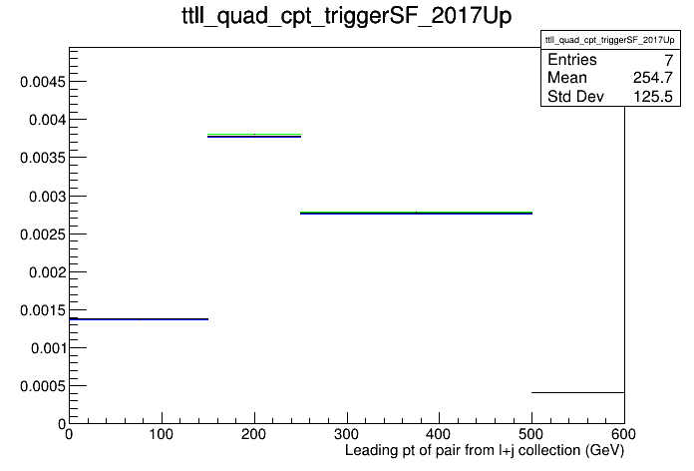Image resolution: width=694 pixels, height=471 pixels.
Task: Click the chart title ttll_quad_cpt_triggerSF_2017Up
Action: coord(347,16)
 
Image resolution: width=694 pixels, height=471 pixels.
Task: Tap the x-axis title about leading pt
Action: coord(485,450)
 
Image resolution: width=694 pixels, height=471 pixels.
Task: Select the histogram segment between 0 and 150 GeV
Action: coord(139,319)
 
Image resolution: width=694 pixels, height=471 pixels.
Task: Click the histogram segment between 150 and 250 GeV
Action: coord(254,135)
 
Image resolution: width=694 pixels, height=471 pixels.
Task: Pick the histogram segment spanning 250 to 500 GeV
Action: coord(416,214)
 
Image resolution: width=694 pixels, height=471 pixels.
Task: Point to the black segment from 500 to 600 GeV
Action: coord(578,392)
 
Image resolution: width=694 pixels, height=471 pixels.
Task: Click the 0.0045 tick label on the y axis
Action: coord(43,82)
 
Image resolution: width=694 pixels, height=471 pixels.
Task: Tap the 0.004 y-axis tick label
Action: coord(47,120)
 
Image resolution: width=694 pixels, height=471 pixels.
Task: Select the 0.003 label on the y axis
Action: coord(47,197)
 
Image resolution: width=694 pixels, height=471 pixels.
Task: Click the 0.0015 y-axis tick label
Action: coord(43,310)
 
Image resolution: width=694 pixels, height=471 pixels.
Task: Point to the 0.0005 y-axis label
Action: coord(43,386)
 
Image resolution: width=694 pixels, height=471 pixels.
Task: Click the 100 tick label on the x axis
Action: coord(162,434)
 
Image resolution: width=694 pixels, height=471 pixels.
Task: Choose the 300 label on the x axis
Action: coord(347,434)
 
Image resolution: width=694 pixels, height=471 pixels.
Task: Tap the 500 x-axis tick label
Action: coord(531,434)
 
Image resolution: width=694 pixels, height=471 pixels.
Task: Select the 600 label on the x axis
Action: coord(624,434)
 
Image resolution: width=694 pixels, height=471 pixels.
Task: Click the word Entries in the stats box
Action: coord(572,59)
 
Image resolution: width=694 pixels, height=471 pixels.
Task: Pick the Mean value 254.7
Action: coord(653,78)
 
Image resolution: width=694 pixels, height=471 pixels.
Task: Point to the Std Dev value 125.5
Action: coord(653,96)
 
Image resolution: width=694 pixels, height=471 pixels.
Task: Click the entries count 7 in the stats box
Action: coord(669,60)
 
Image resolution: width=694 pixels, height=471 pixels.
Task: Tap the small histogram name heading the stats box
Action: coord(610,40)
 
